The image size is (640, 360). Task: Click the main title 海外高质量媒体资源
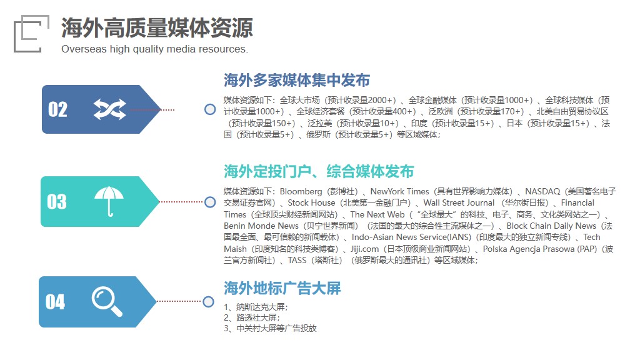[x=157, y=27]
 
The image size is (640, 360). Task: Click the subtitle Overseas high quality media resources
[x=155, y=49]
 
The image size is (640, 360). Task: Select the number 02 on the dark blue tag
[x=57, y=109]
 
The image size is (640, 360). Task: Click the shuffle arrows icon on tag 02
[x=110, y=109]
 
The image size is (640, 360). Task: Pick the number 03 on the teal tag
[x=57, y=202]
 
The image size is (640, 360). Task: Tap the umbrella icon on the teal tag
[x=109, y=201]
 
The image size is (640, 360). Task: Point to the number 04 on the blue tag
[x=55, y=302]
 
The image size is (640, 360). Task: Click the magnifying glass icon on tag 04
[x=107, y=302]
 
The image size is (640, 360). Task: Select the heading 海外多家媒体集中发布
[x=297, y=80]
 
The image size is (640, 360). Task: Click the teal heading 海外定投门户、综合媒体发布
[x=319, y=171]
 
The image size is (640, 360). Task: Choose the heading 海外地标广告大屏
[x=282, y=288]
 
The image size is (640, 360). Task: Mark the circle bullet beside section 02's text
[x=210, y=109]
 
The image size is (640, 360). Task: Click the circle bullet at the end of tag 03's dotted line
[x=210, y=202]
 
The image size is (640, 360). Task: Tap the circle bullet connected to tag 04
[x=209, y=302]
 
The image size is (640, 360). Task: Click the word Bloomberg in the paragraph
[x=301, y=191]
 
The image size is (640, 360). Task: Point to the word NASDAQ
[x=542, y=191]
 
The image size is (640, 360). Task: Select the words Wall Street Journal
[x=459, y=203]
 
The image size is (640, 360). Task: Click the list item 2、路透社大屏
[x=252, y=317]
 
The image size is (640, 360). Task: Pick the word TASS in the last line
[x=297, y=261]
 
